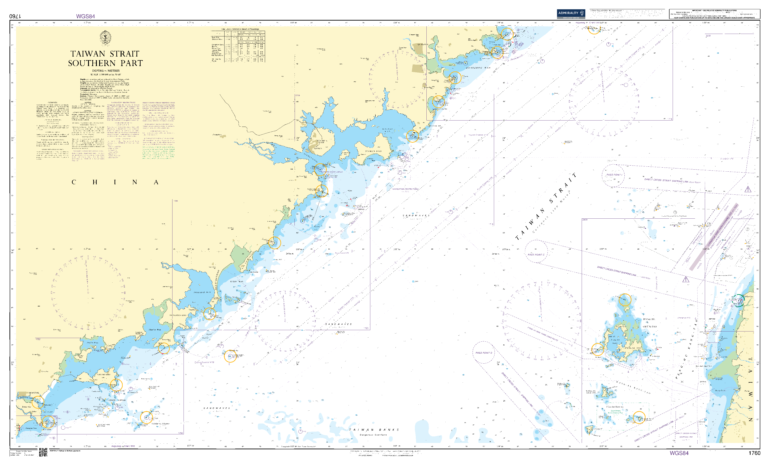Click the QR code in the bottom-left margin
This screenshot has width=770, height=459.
click(43, 452)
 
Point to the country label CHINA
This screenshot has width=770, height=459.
click(115, 182)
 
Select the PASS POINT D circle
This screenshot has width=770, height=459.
click(484, 353)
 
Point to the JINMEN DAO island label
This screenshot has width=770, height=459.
click(374, 151)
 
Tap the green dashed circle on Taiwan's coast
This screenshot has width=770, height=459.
click(739, 300)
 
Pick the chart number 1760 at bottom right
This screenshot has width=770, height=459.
click(754, 453)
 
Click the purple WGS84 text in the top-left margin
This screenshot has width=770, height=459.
click(86, 16)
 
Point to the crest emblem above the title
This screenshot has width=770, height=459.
click(105, 38)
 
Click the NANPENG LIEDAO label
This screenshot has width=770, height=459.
click(160, 424)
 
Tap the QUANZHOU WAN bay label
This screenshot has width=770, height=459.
click(478, 68)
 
